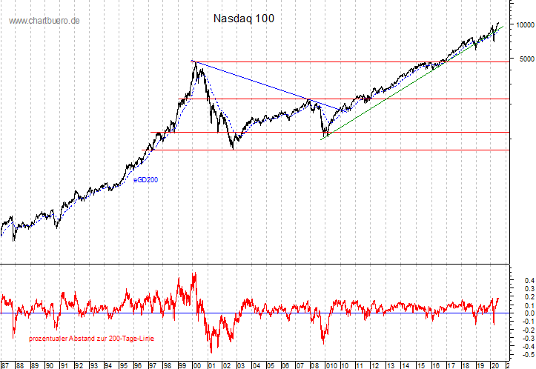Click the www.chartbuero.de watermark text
(44, 21)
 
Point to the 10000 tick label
(523, 25)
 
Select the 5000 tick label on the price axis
(526, 59)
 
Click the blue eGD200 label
(145, 179)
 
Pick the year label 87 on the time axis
(5, 365)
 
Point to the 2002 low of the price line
(234, 148)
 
